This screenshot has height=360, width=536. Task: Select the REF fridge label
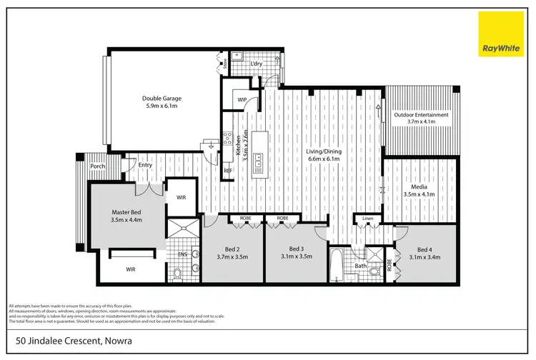coord(227,171)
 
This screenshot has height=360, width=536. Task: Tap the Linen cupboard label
coord(367,218)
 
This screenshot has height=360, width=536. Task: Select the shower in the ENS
coord(182,232)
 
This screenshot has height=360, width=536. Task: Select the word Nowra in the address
coord(119,341)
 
